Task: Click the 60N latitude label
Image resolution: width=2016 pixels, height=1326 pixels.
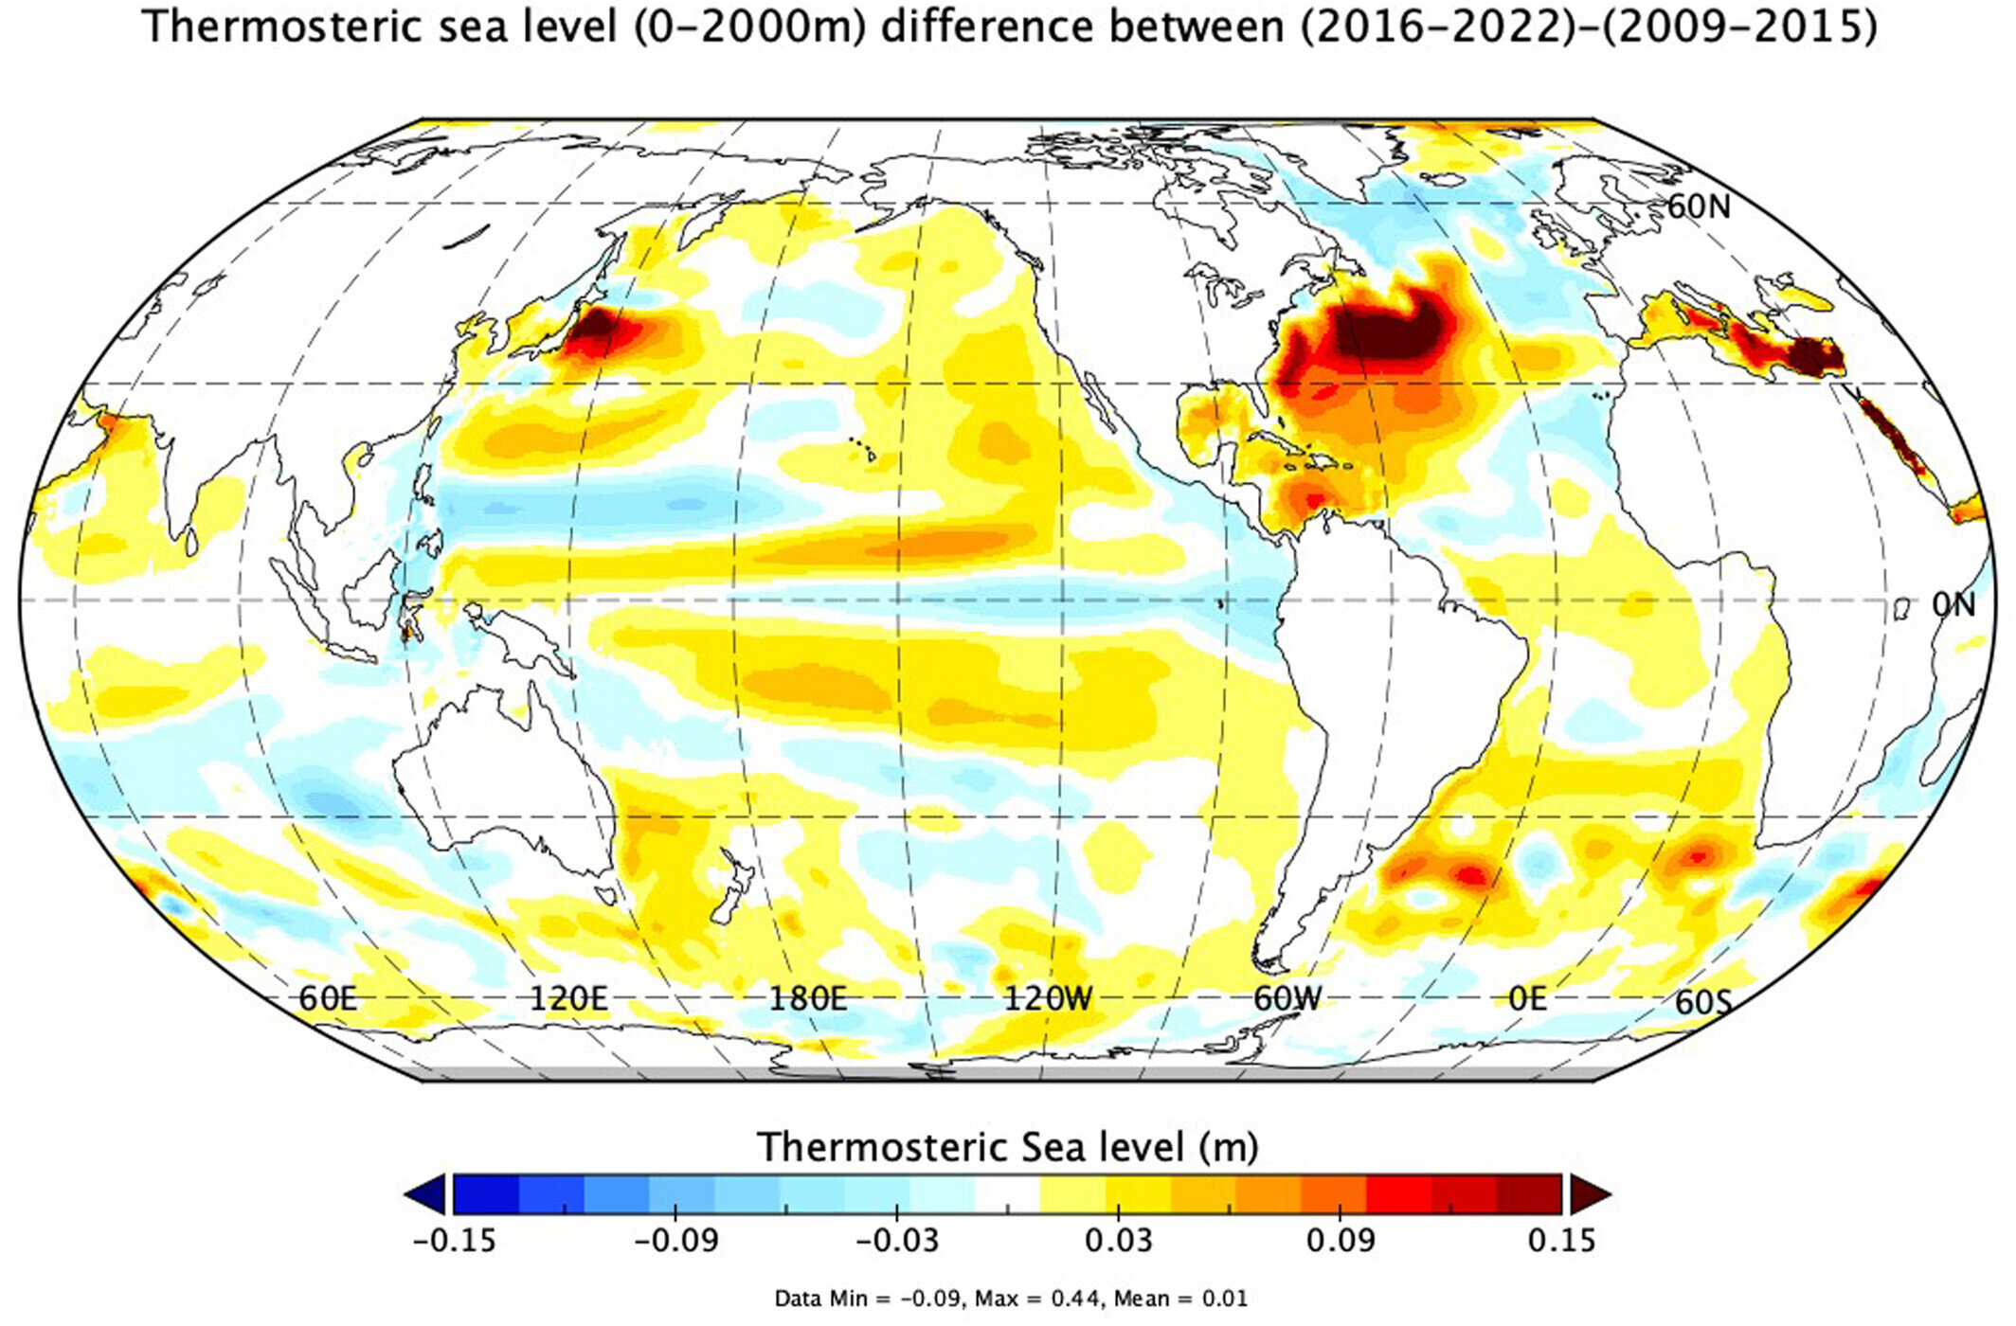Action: (x=1699, y=206)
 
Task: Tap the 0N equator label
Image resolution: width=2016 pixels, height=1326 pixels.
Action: (x=1953, y=604)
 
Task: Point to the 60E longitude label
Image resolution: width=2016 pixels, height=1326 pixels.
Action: (x=328, y=998)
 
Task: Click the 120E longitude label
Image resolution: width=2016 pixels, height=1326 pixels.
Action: (x=567, y=998)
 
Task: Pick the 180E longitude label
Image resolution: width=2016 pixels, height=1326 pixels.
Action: (x=807, y=998)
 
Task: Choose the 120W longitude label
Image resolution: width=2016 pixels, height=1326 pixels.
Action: (x=1048, y=998)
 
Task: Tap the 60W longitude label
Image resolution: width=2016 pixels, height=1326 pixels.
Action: (x=1287, y=998)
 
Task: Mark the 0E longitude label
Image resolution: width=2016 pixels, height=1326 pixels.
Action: (x=1527, y=998)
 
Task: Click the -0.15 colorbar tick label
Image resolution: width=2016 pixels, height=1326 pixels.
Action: (x=454, y=1241)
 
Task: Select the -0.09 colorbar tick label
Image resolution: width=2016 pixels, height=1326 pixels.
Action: (x=675, y=1241)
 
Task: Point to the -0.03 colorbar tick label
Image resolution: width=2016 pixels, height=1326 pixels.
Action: (x=897, y=1241)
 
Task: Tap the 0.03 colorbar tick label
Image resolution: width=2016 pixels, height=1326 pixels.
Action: (x=1119, y=1241)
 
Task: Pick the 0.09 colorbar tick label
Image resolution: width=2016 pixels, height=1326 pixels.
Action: (x=1340, y=1241)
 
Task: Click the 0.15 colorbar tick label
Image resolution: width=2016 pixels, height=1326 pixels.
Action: (x=1561, y=1241)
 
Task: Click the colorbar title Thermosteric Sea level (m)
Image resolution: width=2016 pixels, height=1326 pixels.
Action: (x=1007, y=1147)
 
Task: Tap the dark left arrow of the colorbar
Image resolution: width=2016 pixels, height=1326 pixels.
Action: (x=426, y=1193)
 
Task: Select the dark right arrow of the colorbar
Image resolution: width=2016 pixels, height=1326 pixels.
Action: (x=1590, y=1193)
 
